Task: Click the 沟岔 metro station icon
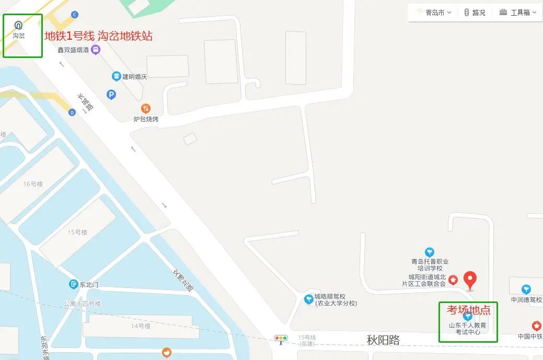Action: (x=19, y=25)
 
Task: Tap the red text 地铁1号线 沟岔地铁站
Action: (x=98, y=36)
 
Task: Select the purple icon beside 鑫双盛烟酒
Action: (x=96, y=50)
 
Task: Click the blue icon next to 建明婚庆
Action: (x=116, y=76)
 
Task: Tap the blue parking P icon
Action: (x=111, y=95)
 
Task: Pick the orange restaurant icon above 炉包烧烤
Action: (x=146, y=109)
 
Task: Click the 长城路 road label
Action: (x=85, y=103)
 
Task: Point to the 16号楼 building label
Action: (x=32, y=184)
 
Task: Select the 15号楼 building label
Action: (x=77, y=232)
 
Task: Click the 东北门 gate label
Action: (x=88, y=285)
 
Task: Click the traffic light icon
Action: (x=281, y=339)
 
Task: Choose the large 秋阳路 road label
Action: (x=383, y=340)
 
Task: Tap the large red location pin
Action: (x=471, y=281)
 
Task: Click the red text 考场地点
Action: (x=468, y=310)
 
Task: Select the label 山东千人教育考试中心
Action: (x=468, y=329)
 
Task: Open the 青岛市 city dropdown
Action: (x=434, y=13)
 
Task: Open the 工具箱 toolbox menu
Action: (x=518, y=13)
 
